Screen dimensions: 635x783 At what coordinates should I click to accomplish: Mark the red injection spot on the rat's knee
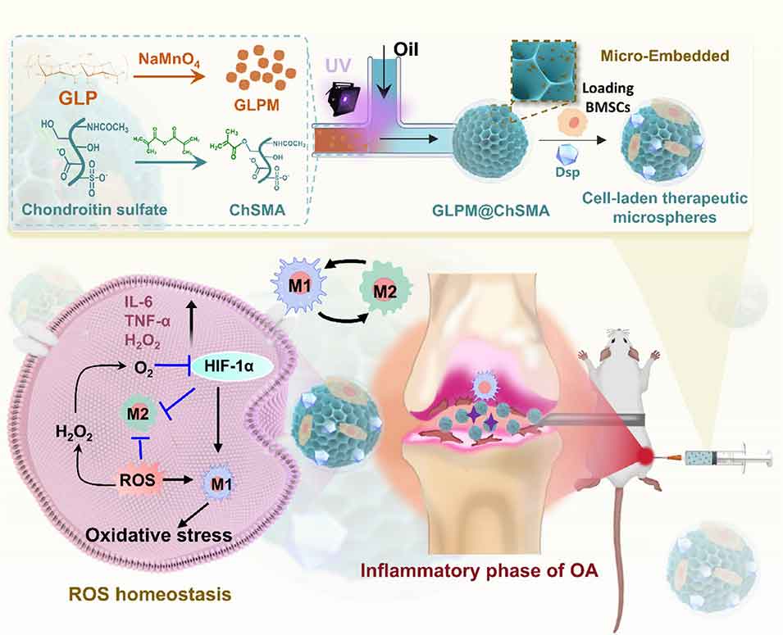coord(647,454)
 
